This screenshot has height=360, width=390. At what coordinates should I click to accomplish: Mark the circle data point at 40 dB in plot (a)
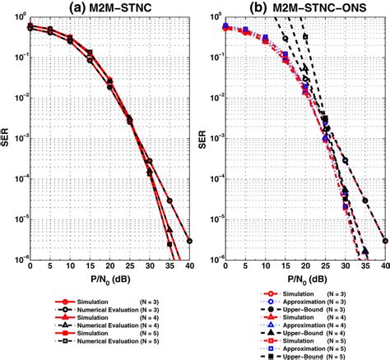click(x=191, y=241)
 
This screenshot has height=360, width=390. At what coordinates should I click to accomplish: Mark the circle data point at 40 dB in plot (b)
click(x=385, y=241)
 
